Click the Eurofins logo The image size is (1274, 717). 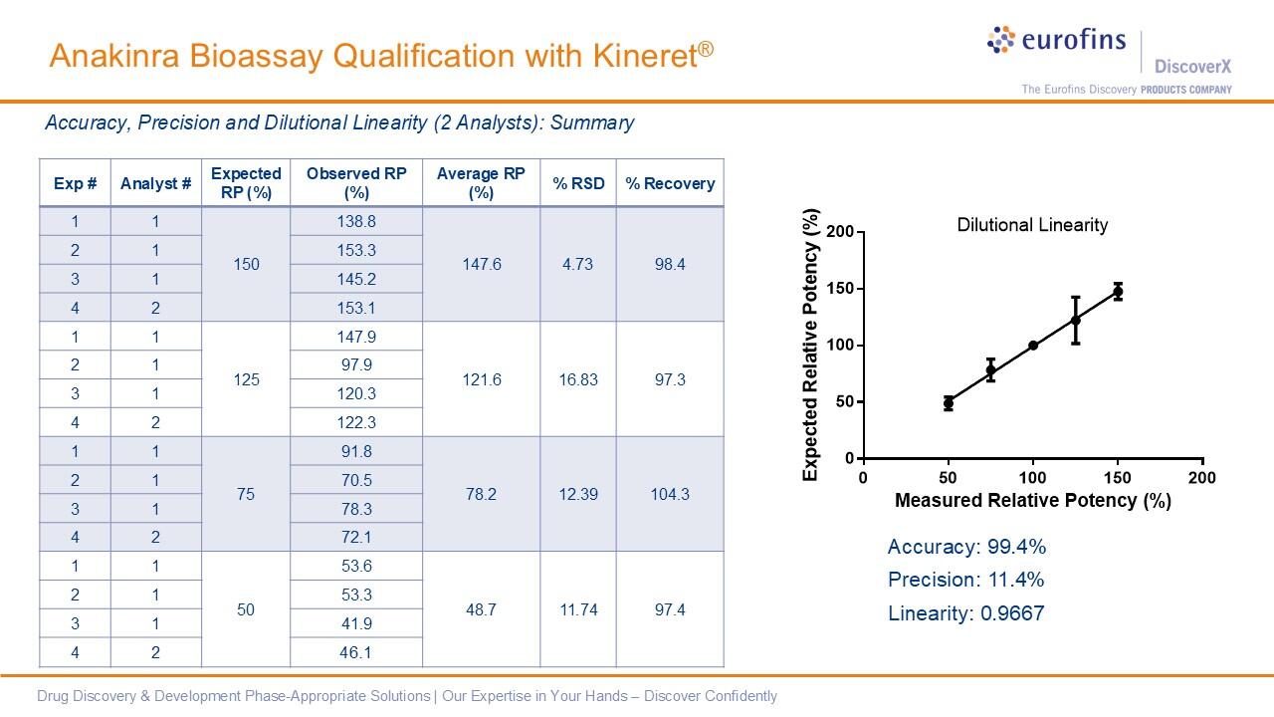[x=1056, y=41]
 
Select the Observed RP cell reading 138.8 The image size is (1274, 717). [x=356, y=221]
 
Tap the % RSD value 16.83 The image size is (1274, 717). [x=577, y=379]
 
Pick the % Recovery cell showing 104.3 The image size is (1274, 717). [x=670, y=494]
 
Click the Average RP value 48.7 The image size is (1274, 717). [x=481, y=609]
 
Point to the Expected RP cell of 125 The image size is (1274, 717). [x=246, y=379]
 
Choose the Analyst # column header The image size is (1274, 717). [x=155, y=183]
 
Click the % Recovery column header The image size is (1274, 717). [x=670, y=183]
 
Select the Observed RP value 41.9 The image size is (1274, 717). [x=356, y=623]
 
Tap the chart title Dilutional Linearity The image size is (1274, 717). [x=1032, y=225]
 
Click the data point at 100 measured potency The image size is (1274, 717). [x=1033, y=346]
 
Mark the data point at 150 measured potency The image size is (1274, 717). [x=1118, y=292]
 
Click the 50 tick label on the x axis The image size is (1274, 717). [x=948, y=478]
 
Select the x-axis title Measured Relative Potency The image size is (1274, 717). [x=1032, y=500]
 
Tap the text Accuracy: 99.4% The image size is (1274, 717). [x=966, y=547]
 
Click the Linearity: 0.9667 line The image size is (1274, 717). [x=965, y=613]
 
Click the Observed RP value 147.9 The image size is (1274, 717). [x=356, y=337]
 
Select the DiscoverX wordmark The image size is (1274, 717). [x=1192, y=67]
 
